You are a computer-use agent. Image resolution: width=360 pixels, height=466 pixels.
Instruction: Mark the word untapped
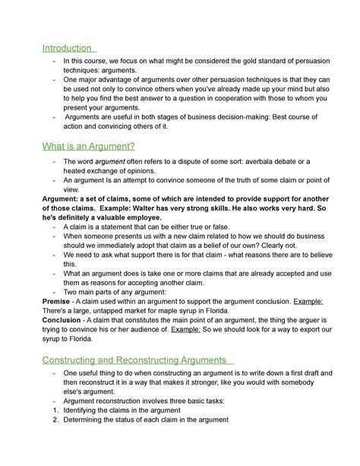[113, 312]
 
